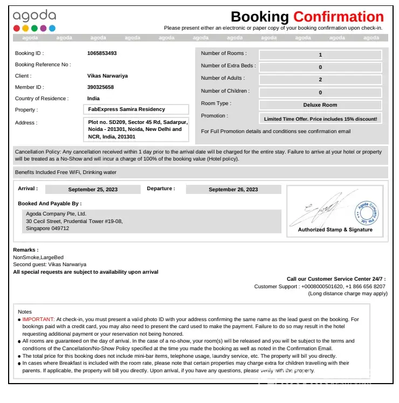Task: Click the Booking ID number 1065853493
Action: pyautogui.click(x=102, y=53)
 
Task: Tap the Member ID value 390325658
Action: pyautogui.click(x=100, y=87)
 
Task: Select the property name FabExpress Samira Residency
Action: pyautogui.click(x=127, y=109)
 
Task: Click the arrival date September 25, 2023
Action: pyautogui.click(x=93, y=190)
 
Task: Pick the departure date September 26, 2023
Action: pyautogui.click(x=233, y=190)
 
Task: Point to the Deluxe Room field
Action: pyautogui.click(x=320, y=105)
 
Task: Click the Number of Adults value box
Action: pyautogui.click(x=320, y=80)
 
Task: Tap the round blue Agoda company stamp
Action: pyautogui.click(x=367, y=213)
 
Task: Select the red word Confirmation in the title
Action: pyautogui.click(x=338, y=17)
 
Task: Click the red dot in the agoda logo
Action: pyautogui.click(x=17, y=29)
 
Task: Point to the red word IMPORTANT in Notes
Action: pyautogui.click(x=38, y=319)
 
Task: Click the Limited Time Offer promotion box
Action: pyautogui.click(x=320, y=119)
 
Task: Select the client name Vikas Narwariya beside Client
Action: pyautogui.click(x=107, y=76)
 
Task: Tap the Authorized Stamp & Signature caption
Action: pyautogui.click(x=335, y=230)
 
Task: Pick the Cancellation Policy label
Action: pyautogui.click(x=38, y=152)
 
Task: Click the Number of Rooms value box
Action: pyautogui.click(x=320, y=55)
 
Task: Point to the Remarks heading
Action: pyautogui.click(x=25, y=250)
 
